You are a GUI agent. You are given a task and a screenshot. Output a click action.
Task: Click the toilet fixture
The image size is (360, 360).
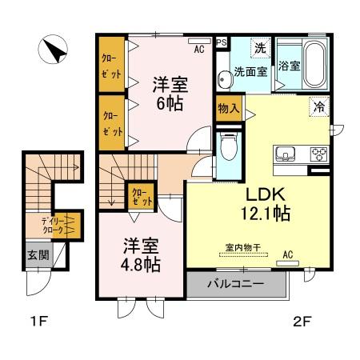228,146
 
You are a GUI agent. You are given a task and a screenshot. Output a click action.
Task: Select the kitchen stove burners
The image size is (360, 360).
318,154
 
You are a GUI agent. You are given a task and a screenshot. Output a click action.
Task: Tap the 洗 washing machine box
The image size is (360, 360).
260,48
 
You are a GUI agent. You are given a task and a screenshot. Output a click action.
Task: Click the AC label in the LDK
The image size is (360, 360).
288,255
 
